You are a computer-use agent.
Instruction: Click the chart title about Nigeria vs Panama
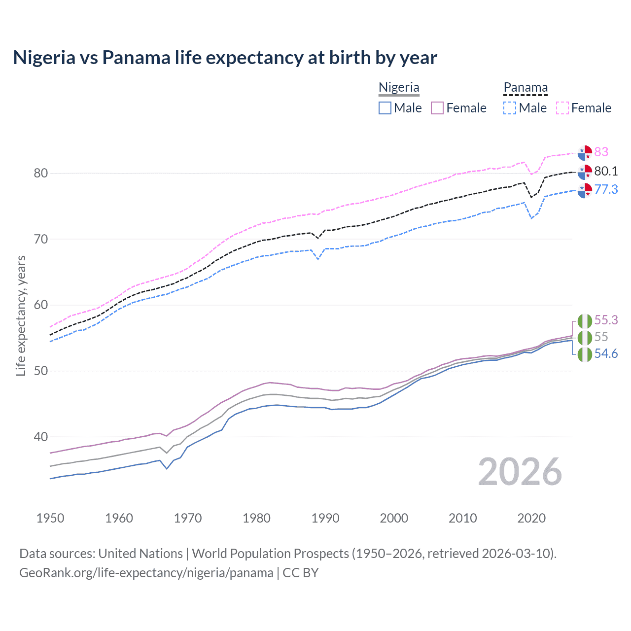pos(225,58)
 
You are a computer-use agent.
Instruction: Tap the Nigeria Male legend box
pos(385,108)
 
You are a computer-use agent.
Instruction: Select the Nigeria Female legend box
pos(438,108)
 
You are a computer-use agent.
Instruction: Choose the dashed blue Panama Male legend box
pos(510,108)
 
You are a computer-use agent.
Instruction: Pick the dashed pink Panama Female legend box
pos(562,108)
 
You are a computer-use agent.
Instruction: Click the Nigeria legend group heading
pos(399,88)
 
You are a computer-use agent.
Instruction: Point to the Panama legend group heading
pos(526,88)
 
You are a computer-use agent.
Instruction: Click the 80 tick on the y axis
pos(41,173)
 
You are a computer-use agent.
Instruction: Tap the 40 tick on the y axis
pos(41,437)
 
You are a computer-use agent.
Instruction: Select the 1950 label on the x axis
pos(50,518)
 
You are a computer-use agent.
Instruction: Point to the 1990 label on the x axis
pos(325,518)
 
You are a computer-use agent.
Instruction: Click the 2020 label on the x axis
pos(531,518)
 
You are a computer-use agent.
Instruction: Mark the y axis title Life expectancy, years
pos(21,315)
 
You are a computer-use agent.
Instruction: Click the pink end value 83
pos(601,152)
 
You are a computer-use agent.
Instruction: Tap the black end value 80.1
pos(606,171)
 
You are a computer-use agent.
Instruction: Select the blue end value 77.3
pos(606,189)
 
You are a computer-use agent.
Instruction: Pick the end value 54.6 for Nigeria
pos(606,354)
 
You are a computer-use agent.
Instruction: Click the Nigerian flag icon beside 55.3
pos(585,321)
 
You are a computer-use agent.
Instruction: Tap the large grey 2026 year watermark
pos(520,472)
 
